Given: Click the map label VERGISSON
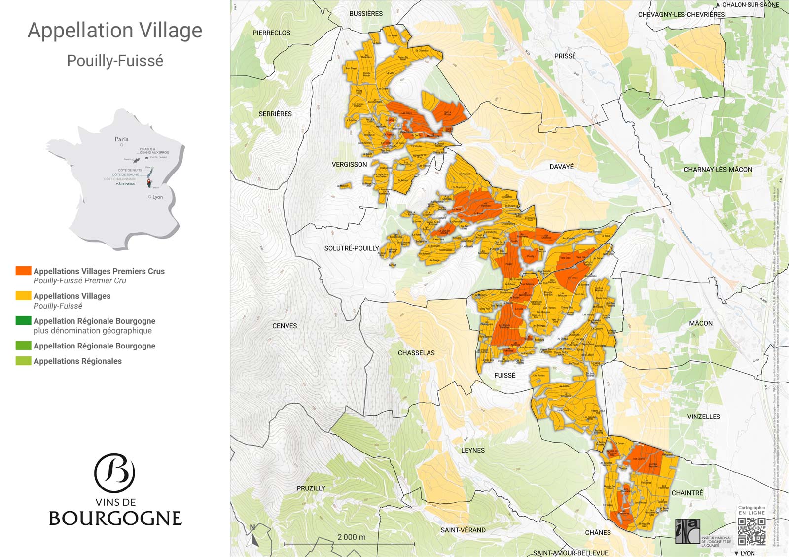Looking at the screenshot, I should (x=349, y=164).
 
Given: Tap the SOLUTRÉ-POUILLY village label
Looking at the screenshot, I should (x=352, y=248).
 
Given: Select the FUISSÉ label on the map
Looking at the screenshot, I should (x=504, y=375).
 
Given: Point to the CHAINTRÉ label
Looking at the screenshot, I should (x=687, y=493).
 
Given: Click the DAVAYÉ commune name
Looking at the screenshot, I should (x=561, y=167).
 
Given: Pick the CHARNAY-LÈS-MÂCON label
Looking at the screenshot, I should (x=717, y=169).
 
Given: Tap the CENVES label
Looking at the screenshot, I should (x=285, y=326).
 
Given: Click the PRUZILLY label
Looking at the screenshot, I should (x=311, y=488).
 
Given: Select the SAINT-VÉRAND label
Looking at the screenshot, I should (x=463, y=530).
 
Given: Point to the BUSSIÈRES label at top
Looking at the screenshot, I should (x=365, y=14).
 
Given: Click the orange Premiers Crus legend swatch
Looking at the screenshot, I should (x=23, y=271).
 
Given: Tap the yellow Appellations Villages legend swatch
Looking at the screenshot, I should (x=23, y=296).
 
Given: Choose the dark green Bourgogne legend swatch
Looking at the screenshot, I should (x=23, y=321).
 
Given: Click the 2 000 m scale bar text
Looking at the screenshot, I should (x=351, y=537).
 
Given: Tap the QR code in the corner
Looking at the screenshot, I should (x=752, y=531).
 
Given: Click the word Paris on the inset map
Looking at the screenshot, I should (x=121, y=139).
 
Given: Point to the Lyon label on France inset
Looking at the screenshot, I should (x=157, y=197).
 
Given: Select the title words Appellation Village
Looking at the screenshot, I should (x=115, y=30).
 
